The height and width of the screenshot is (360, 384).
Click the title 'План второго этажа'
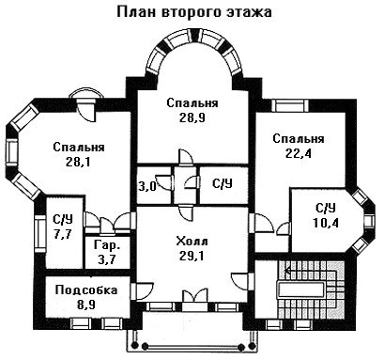pyautogui.click(x=194, y=12)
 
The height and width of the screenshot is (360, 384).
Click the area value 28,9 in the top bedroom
pyautogui.click(x=192, y=117)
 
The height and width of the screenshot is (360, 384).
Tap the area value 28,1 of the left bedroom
pyautogui.click(x=78, y=162)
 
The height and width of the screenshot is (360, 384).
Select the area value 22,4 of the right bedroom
pyautogui.click(x=299, y=153)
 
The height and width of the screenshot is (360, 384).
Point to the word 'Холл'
pyautogui.click(x=192, y=242)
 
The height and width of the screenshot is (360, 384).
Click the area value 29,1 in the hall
pyautogui.click(x=192, y=256)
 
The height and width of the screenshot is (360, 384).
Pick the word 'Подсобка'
pyautogui.click(x=86, y=290)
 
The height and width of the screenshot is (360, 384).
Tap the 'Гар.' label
pyautogui.click(x=107, y=245)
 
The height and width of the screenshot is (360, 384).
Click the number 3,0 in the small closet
pyautogui.click(x=147, y=186)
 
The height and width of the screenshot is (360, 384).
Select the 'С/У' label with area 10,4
pyautogui.click(x=326, y=208)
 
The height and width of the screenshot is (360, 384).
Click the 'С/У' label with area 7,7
pyautogui.click(x=63, y=219)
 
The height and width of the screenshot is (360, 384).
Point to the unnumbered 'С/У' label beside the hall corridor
pyautogui.click(x=223, y=184)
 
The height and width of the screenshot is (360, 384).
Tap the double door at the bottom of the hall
pyautogui.click(x=195, y=295)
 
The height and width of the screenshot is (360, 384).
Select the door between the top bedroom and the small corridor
pyautogui.click(x=186, y=157)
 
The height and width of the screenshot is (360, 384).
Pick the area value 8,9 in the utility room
pyautogui.click(x=86, y=305)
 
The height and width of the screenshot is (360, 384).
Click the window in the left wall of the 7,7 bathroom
pyautogui.click(x=40, y=233)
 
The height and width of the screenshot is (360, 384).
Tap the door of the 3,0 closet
pyautogui.click(x=164, y=181)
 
